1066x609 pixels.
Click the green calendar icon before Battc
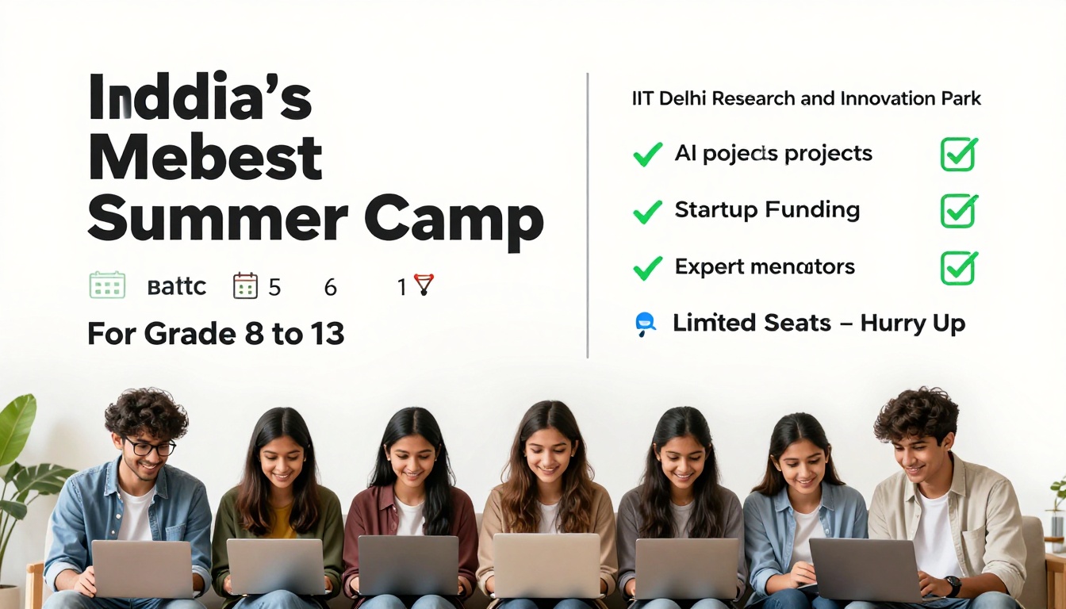(107, 285)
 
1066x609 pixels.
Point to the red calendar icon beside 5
(245, 285)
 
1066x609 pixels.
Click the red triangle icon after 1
(424, 285)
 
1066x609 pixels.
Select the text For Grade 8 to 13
(216, 334)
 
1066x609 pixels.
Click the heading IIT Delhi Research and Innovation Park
(806, 99)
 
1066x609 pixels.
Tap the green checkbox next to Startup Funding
(958, 211)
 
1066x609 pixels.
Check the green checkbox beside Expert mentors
(958, 268)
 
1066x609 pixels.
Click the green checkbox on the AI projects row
(958, 154)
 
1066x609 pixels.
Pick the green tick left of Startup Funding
(647, 211)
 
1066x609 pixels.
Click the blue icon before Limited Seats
(646, 324)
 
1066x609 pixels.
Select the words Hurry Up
(912, 324)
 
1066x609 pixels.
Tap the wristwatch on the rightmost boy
(953, 586)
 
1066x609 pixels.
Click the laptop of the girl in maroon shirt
(408, 565)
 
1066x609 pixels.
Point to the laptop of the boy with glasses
(142, 569)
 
